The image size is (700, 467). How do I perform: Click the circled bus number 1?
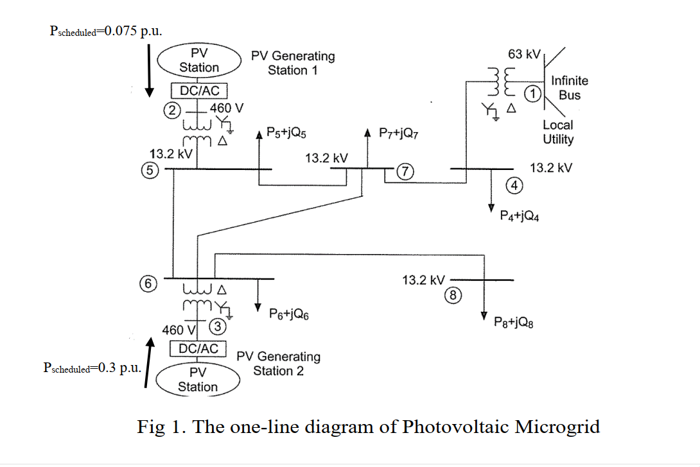point(532,94)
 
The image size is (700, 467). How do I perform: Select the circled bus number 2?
point(171,109)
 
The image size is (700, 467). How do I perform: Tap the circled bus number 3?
point(218,327)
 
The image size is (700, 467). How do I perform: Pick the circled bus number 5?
point(149,171)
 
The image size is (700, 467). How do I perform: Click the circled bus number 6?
point(148,282)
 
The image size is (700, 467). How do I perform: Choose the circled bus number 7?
point(406,171)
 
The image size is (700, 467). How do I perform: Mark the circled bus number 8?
point(453,295)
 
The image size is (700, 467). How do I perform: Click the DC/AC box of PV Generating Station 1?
point(199,90)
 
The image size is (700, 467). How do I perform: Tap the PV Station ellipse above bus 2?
point(198,60)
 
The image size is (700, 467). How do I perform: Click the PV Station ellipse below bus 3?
point(198,379)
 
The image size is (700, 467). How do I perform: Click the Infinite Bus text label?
point(569,88)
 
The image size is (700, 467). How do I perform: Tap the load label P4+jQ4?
point(519,216)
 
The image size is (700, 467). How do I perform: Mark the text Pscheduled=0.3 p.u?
point(91,368)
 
